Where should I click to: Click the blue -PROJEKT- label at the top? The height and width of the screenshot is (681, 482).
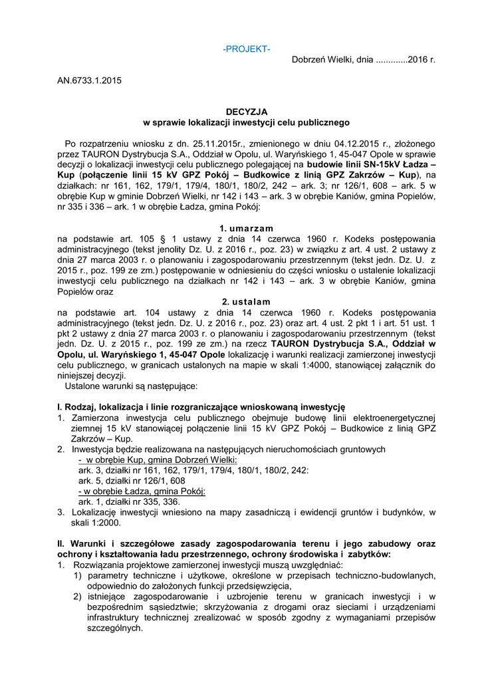[x=247, y=49]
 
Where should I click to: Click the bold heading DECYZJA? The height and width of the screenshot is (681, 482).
[x=247, y=112]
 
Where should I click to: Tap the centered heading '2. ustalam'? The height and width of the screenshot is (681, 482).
[x=247, y=302]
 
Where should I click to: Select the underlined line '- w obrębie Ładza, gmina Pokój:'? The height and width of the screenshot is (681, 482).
[x=142, y=491]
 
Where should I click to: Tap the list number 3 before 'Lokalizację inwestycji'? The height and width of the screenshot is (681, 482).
[x=60, y=512]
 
